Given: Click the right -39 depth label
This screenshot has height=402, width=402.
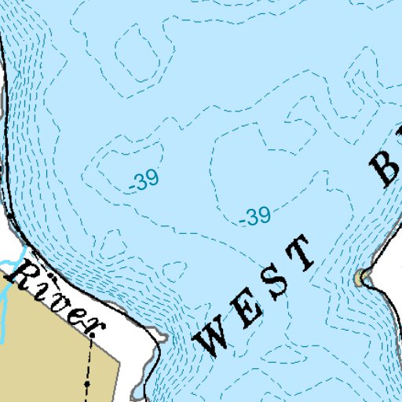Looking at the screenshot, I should coord(254,217).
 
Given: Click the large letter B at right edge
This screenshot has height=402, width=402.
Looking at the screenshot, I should coord(386,163).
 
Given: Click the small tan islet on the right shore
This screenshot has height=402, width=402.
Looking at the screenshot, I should coord(362,278).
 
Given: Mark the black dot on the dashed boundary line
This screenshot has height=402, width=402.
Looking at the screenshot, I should coord(88,383).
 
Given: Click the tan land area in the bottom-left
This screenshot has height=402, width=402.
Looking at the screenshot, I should coord(39,353).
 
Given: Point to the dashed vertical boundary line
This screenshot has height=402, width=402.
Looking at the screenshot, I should coord(90,361).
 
